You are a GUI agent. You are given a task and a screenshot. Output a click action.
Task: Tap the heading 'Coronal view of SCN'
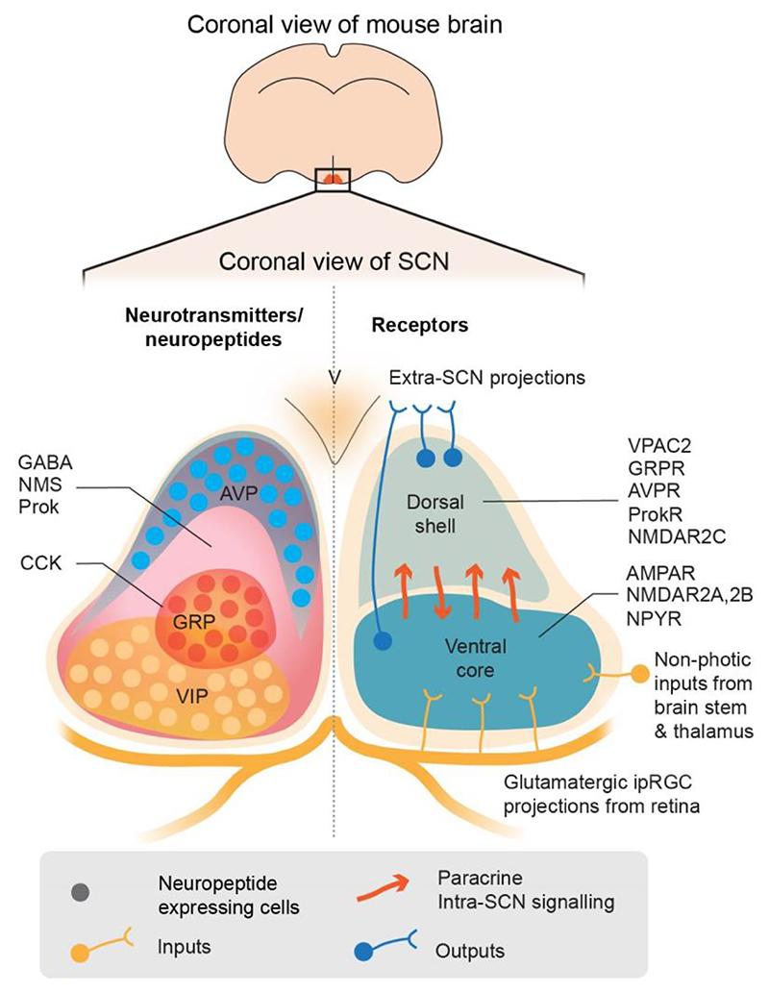point(334,261)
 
